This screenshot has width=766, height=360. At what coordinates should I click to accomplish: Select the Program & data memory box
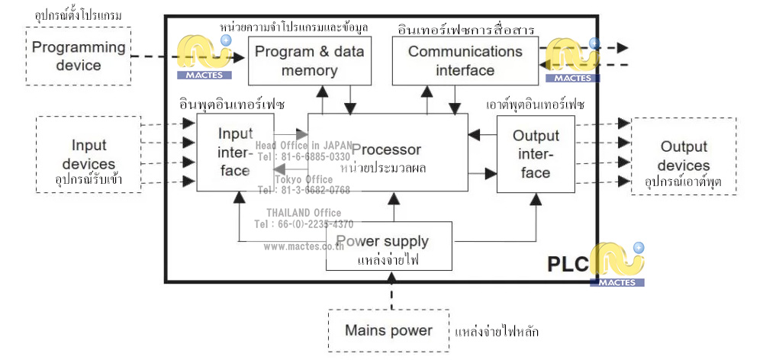click(x=309, y=61)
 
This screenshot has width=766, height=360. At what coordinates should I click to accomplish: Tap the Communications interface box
click(x=465, y=61)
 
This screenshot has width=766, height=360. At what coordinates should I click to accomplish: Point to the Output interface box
click(x=535, y=154)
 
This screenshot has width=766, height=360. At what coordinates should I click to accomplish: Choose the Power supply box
click(x=389, y=246)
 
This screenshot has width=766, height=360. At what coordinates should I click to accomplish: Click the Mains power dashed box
click(x=388, y=330)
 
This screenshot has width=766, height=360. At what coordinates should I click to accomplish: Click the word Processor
click(x=386, y=149)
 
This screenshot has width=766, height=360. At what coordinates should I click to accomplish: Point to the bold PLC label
click(x=568, y=264)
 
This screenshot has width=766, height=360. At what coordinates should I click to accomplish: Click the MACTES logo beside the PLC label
click(x=618, y=264)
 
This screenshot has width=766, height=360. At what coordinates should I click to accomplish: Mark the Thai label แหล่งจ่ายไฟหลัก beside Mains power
click(x=497, y=333)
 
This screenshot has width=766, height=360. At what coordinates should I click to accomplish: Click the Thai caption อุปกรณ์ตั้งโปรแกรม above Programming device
click(x=79, y=15)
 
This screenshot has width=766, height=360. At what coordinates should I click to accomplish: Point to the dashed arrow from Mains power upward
click(x=392, y=294)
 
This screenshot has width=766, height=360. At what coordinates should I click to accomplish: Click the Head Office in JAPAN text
click(x=304, y=146)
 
